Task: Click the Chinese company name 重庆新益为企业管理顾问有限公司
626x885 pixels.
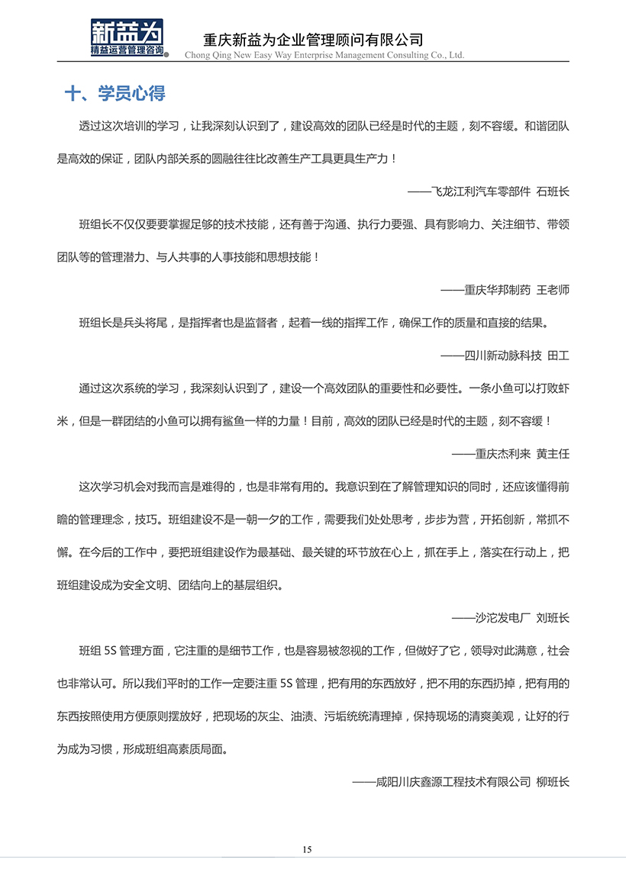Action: click(313, 40)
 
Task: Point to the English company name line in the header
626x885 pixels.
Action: click(324, 55)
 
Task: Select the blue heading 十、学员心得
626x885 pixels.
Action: click(115, 94)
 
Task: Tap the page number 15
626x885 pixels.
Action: click(308, 849)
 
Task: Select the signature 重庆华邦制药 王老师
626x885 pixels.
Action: click(505, 290)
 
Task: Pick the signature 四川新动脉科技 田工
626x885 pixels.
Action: click(505, 355)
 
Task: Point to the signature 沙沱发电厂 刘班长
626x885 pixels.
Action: click(511, 617)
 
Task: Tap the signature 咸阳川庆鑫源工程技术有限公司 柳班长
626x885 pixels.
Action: click(461, 781)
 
